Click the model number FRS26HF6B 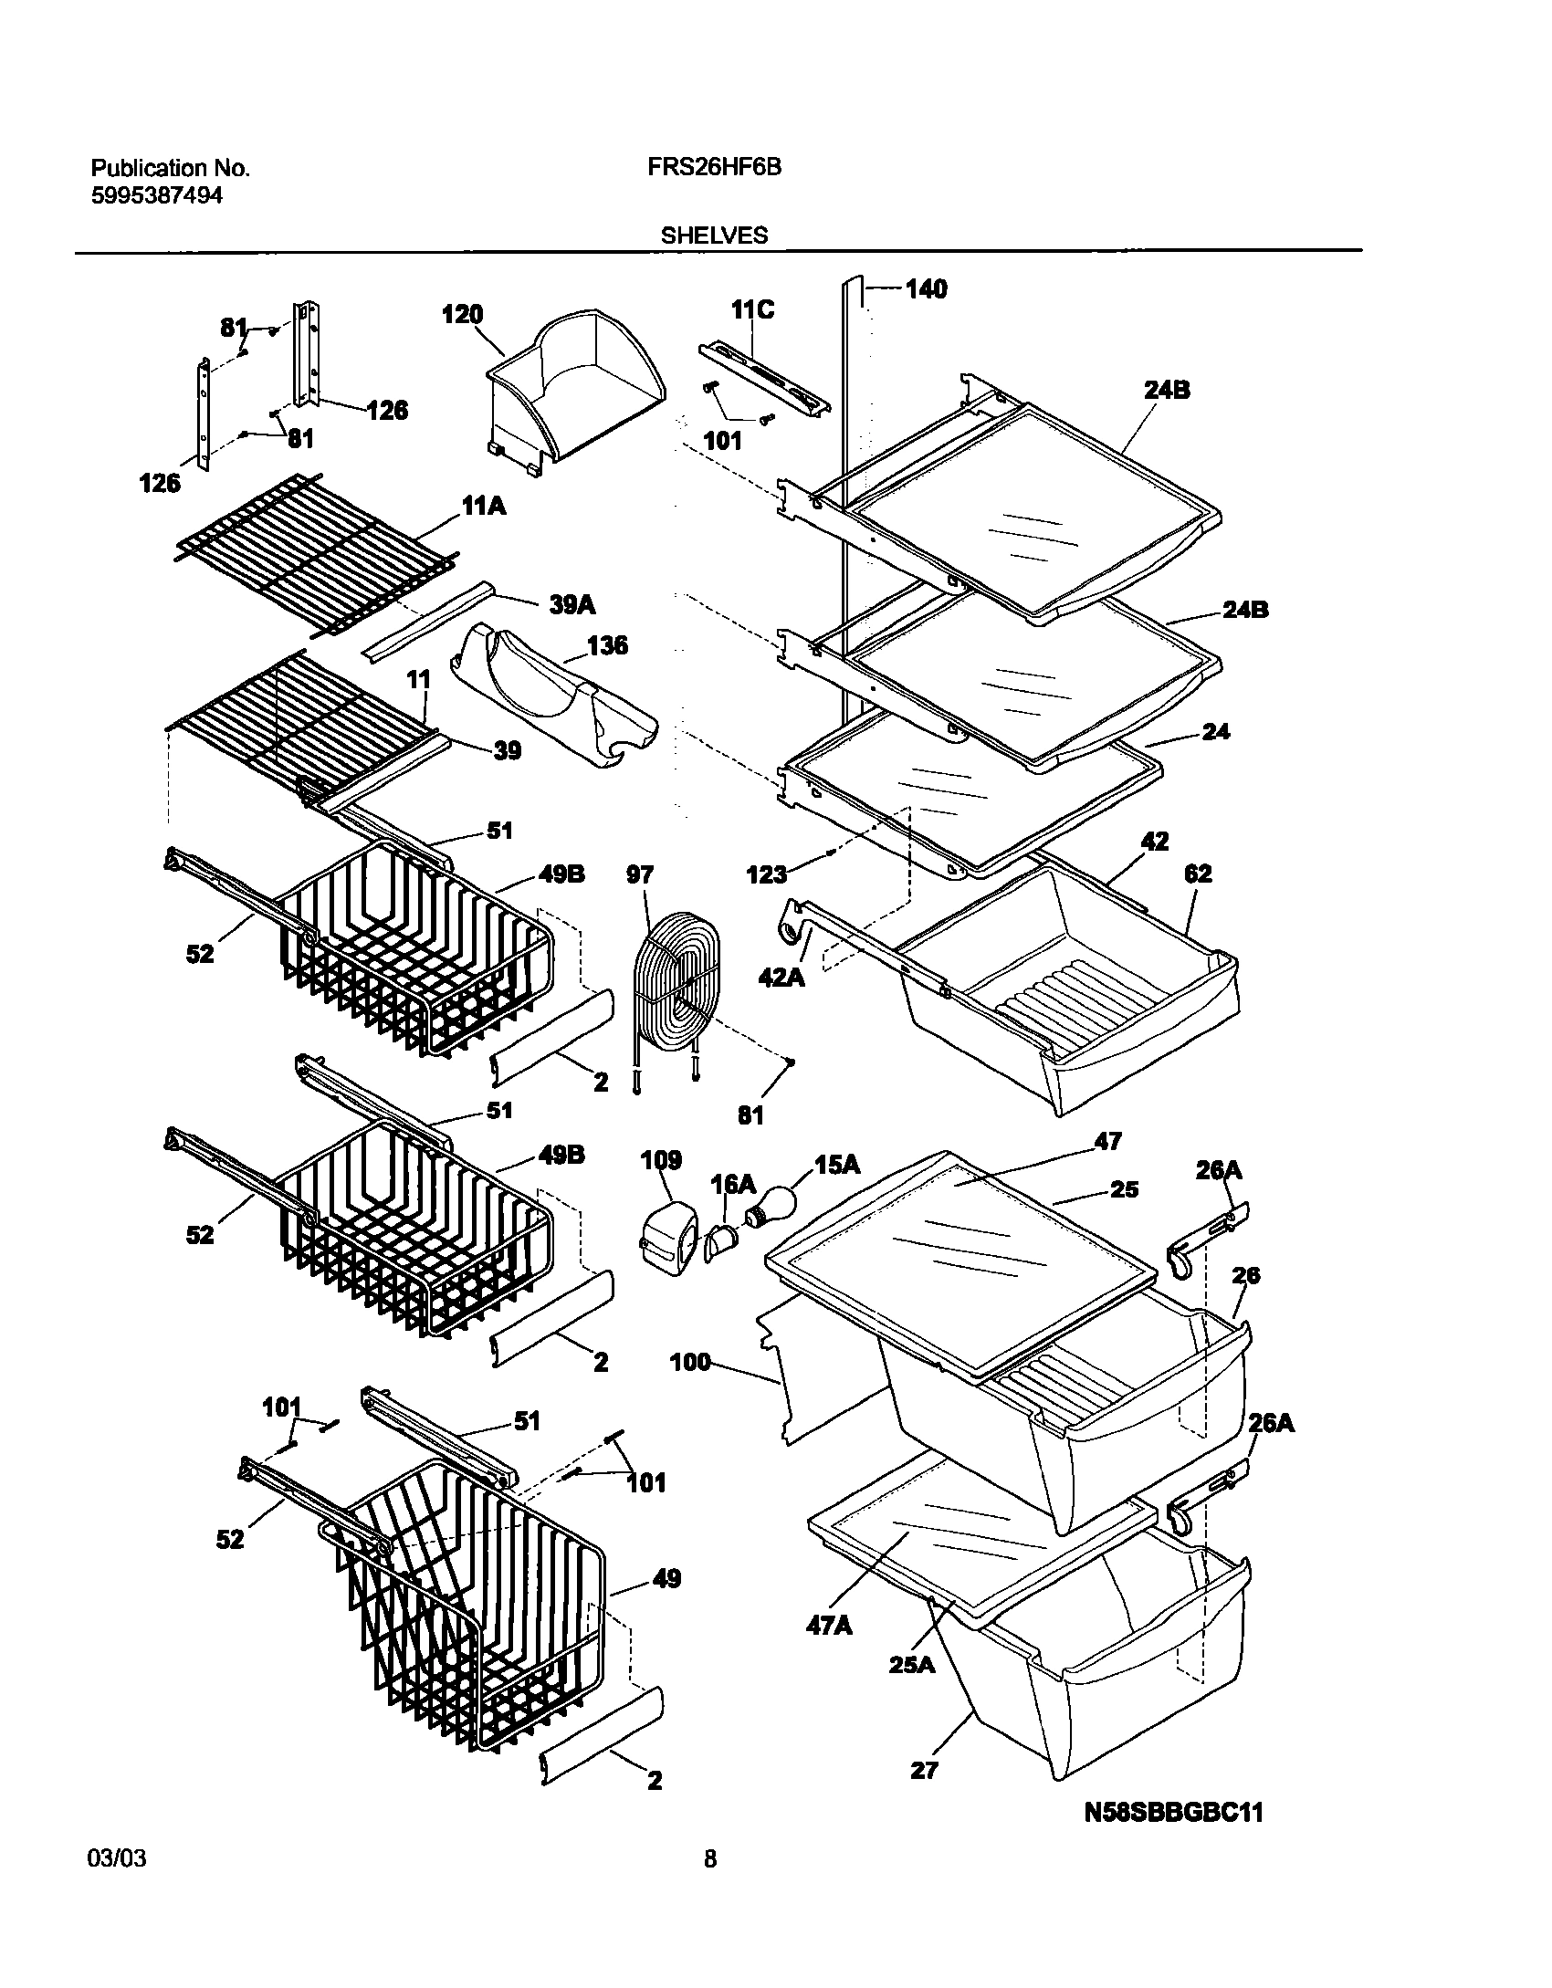720,168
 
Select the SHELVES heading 714,235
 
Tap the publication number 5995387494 156,195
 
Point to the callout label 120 461,315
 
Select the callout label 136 607,646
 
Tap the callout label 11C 752,310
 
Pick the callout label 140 926,289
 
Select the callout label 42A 781,978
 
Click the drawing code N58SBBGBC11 1173,1786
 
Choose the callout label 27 924,1770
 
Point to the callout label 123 766,875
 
